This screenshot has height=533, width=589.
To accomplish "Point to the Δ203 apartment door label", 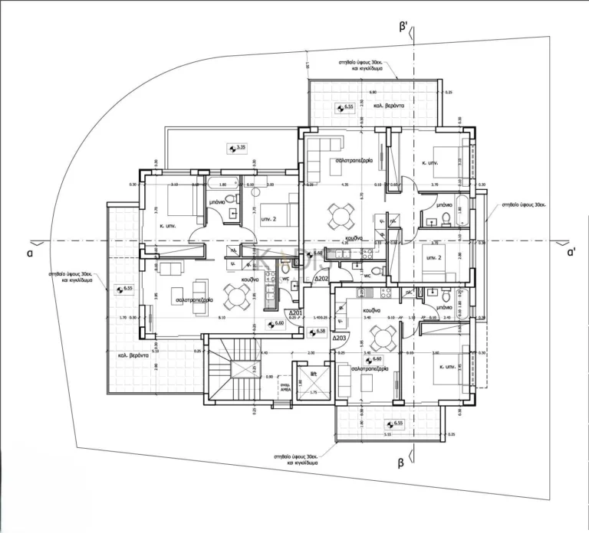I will (x=341, y=338).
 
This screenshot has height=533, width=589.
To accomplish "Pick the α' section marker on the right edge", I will (x=571, y=250).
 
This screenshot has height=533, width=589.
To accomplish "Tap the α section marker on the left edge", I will (x=29, y=250).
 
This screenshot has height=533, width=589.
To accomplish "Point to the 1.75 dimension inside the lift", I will (x=313, y=393).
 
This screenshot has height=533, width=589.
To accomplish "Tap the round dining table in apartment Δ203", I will (x=381, y=335).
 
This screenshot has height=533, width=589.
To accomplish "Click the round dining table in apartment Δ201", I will (x=234, y=294).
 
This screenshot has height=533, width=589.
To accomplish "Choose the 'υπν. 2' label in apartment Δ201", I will (x=268, y=218).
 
